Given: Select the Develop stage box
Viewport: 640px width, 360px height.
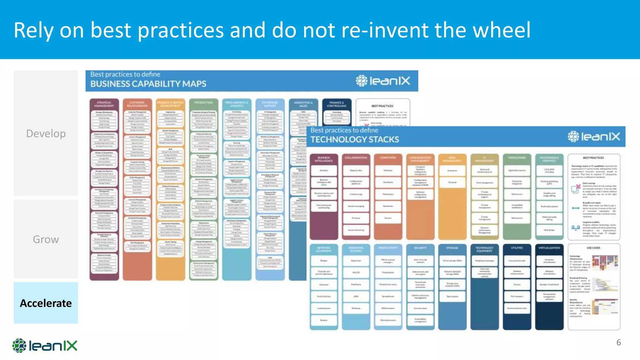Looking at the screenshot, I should click(x=46, y=133).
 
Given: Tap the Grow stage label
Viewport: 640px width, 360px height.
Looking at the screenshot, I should click(x=46, y=239).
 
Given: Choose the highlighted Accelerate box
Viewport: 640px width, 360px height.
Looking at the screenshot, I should click(x=46, y=303).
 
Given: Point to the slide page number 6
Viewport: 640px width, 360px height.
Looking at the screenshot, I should click(x=618, y=342).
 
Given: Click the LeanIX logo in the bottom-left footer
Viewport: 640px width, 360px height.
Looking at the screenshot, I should click(x=45, y=346).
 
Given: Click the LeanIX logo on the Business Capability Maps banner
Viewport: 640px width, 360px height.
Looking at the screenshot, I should click(x=383, y=81).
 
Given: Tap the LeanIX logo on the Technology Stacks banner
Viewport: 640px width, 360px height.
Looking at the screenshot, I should click(x=594, y=137).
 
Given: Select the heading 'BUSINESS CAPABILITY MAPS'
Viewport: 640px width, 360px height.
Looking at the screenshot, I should click(x=148, y=84).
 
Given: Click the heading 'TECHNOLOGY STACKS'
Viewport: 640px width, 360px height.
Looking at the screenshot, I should click(x=355, y=139).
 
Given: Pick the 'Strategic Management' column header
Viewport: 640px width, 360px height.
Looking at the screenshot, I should click(x=104, y=104).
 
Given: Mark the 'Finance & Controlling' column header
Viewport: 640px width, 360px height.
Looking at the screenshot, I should click(x=337, y=104).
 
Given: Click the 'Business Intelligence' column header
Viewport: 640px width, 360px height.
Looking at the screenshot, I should click(x=324, y=159).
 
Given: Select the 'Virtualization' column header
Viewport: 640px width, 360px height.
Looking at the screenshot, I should click(x=549, y=248).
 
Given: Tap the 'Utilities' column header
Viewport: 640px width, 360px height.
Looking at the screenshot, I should click(x=517, y=248).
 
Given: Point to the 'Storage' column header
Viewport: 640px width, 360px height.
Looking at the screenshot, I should click(x=452, y=248).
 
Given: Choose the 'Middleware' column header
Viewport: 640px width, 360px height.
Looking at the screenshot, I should click(x=517, y=158).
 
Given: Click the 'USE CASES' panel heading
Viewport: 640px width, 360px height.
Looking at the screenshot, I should click(x=593, y=248).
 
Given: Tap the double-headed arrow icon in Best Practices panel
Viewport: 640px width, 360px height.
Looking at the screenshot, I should click(x=576, y=208).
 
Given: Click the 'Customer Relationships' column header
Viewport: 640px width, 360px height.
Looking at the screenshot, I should click(x=137, y=104).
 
